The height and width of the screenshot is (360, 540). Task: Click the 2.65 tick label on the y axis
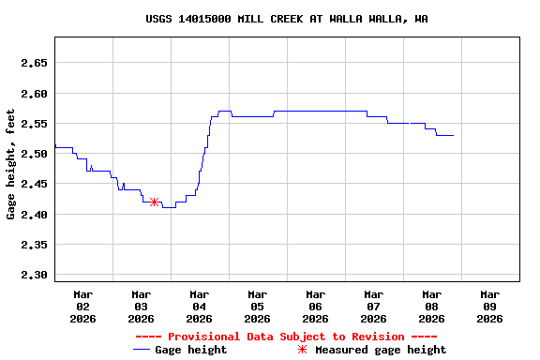point(34,64)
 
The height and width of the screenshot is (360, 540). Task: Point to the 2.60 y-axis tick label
point(34,94)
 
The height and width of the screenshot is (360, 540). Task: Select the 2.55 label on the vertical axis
point(34,124)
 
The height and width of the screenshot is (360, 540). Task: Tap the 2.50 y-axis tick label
point(34,154)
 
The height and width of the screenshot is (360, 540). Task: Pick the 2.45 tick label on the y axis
point(34,185)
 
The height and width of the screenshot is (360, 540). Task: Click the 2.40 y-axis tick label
point(34,215)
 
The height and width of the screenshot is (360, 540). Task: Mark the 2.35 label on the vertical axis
point(34,245)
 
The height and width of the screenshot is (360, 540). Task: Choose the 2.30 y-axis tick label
point(34,275)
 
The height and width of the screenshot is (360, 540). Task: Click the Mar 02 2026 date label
point(82,306)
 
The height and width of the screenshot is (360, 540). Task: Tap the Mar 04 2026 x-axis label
point(199,306)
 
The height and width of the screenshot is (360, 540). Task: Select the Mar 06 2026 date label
point(315,306)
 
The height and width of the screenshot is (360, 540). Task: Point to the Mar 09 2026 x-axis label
point(489,306)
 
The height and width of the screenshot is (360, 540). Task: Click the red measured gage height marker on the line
point(154,202)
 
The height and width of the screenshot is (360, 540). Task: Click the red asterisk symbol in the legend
point(302,350)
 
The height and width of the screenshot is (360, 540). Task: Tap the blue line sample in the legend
point(142,350)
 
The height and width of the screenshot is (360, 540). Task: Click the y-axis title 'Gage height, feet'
point(11,164)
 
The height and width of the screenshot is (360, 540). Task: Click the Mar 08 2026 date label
point(431,306)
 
